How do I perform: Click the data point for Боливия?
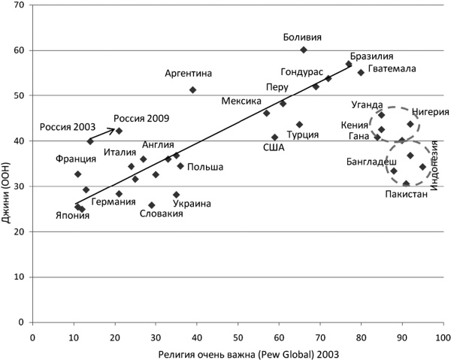click(304, 50)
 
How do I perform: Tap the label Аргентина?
click(189, 73)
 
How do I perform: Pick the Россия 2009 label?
click(141, 118)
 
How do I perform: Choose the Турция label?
click(303, 135)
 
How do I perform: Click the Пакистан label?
click(406, 194)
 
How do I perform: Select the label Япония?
click(72, 216)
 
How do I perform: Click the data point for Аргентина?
click(193, 89)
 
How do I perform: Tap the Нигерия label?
click(430, 112)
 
